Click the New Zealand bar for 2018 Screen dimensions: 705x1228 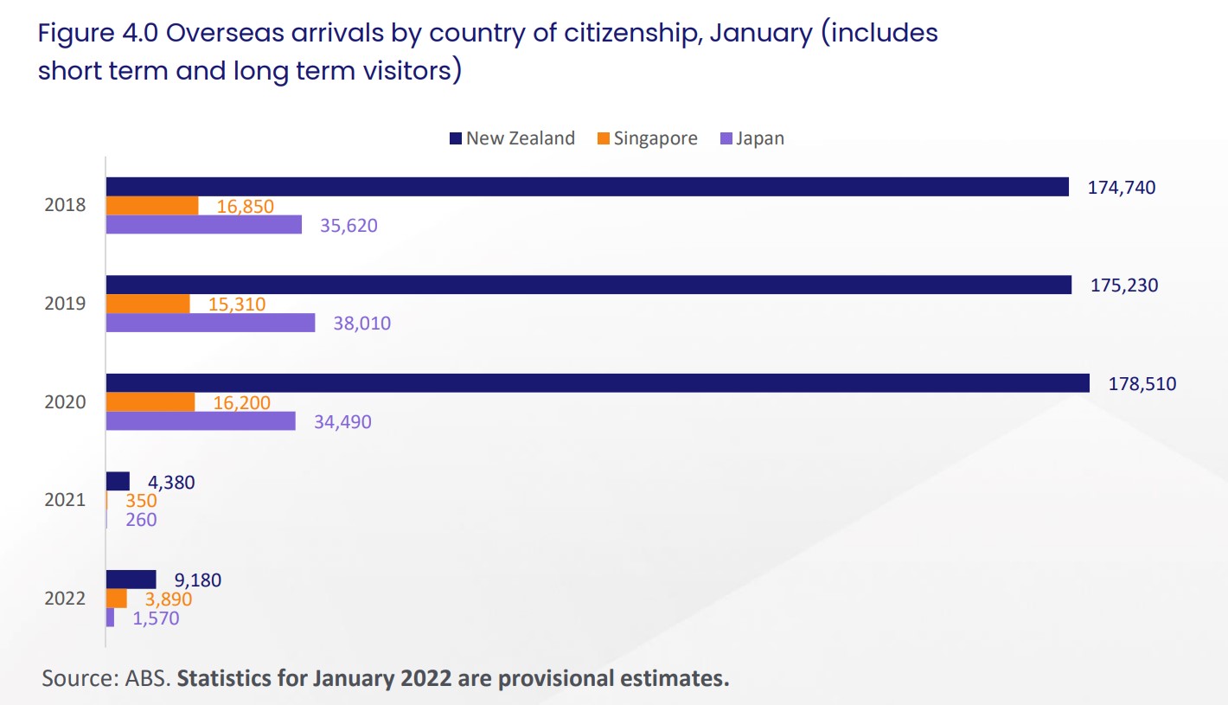(587, 187)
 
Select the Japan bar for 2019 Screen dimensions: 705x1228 (210, 323)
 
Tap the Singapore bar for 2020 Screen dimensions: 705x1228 (150, 402)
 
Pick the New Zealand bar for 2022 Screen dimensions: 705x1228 (131, 580)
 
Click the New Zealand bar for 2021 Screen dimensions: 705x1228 (118, 481)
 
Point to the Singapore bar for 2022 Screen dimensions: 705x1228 (116, 599)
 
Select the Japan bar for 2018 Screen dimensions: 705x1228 (203, 225)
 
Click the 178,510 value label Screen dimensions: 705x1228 (1142, 383)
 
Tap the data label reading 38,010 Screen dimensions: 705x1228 (362, 324)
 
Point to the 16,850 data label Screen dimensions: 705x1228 (246, 206)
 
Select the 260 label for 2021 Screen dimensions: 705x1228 (140, 520)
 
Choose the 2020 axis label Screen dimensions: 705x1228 (66, 402)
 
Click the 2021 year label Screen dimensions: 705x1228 (66, 500)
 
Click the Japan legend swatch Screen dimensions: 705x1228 (726, 138)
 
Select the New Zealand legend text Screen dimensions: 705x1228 (520, 138)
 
